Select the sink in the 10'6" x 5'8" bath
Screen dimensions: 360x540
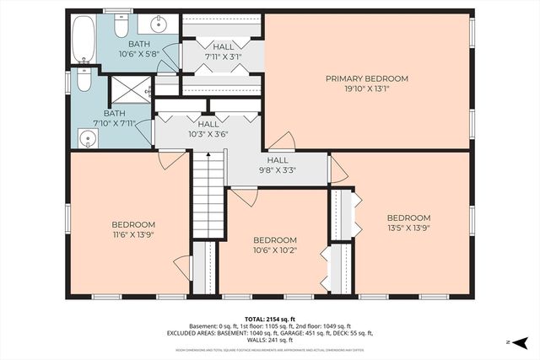[x=160, y=24]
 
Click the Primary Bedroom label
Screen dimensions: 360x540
[x=367, y=79]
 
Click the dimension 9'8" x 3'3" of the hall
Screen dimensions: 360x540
[x=278, y=170]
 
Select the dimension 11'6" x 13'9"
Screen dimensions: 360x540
[x=132, y=235]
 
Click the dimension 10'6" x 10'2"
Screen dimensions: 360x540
[x=274, y=250]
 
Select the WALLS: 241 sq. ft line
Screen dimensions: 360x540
[x=270, y=340]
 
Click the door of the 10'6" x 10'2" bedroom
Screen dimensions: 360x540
[x=244, y=196]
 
